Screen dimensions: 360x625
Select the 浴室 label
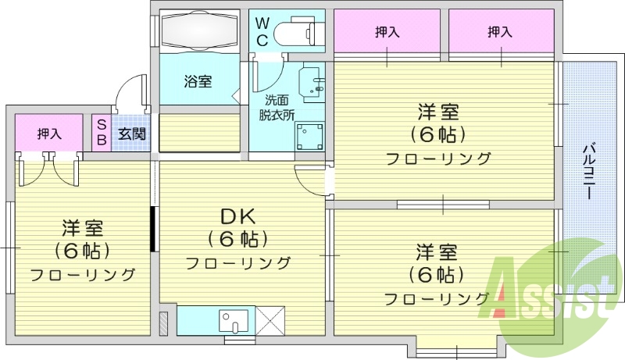click(198, 81)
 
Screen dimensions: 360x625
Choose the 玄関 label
click(132, 134)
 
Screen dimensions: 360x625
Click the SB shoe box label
click(102, 134)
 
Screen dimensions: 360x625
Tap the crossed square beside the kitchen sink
click(271, 320)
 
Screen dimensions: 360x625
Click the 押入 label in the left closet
click(48, 134)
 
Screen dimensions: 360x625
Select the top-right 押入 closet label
click(500, 32)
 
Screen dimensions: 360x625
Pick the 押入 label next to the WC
click(387, 32)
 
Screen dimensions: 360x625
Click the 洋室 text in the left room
click(82, 229)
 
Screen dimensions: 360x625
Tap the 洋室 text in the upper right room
click(437, 112)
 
